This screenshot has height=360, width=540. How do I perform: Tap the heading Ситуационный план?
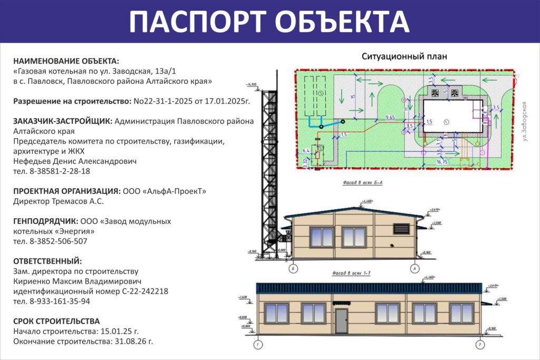point(404,56)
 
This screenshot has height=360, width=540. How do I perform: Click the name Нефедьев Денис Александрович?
point(74,161)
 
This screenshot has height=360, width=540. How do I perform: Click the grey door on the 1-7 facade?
point(341,321)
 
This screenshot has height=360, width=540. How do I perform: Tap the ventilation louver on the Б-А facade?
point(402,229)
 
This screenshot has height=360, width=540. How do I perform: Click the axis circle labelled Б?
point(293,269)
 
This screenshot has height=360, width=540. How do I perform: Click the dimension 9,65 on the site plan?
point(390,116)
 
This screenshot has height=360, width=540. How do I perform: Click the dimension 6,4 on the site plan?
point(305,151)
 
